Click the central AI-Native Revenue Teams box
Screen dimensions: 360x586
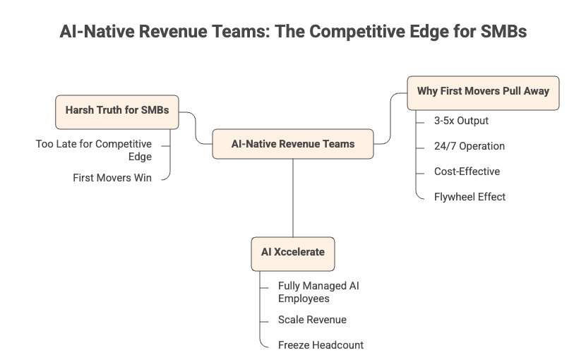(x=293, y=144)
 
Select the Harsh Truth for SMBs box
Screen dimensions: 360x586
(x=116, y=111)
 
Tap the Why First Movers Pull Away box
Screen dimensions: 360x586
(x=483, y=92)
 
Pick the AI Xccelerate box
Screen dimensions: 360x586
(x=293, y=253)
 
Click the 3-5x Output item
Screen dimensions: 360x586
(x=461, y=121)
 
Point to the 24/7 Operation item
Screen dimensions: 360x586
(x=469, y=146)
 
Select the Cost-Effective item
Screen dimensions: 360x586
(x=467, y=172)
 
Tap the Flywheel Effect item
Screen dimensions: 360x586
(x=470, y=197)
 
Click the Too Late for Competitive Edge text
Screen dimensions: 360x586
(x=94, y=150)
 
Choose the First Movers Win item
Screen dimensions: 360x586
(x=112, y=178)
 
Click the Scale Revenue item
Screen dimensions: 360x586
(x=312, y=320)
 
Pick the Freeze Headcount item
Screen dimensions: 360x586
(x=321, y=345)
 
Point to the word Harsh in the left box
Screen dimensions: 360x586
(x=80, y=111)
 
